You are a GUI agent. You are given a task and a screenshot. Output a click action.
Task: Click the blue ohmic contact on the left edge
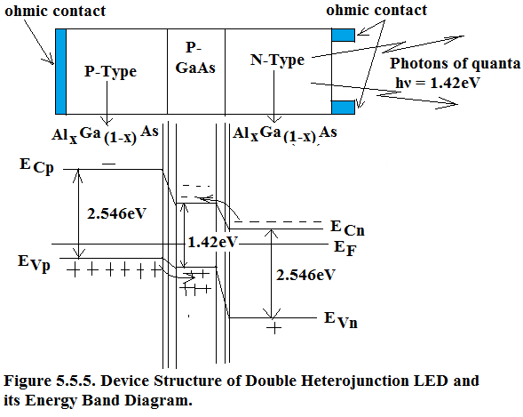tap(60, 71)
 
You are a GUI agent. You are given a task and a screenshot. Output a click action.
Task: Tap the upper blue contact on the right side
tap(343, 36)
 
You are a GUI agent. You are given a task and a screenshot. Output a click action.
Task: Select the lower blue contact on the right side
tap(343, 108)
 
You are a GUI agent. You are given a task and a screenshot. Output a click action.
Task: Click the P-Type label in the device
tap(110, 72)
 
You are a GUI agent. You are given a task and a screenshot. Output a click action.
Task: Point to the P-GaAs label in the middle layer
tap(195, 58)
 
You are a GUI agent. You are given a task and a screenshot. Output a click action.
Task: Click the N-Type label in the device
tap(277, 60)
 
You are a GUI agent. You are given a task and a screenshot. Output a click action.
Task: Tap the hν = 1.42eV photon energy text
tap(437, 83)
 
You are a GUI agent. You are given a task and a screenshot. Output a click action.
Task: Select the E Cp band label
tap(36, 166)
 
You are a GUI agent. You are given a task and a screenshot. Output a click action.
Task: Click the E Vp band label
tap(34, 263)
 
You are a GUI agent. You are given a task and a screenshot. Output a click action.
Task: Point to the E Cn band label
tap(347, 228)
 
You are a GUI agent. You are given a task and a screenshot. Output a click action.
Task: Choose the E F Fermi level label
tap(345, 249)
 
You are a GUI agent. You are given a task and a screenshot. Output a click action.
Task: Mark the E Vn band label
tap(341, 320)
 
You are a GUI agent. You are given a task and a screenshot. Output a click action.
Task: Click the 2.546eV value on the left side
tap(116, 213)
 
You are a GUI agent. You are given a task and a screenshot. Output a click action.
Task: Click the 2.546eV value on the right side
tap(305, 275)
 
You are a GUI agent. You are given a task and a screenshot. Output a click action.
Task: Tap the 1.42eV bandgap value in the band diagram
tap(213, 242)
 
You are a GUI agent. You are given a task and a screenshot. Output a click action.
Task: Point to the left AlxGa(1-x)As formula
tap(105, 134)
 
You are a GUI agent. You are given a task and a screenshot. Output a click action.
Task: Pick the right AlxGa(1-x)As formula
tap(284, 134)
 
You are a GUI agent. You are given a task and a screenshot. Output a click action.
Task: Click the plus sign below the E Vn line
tap(273, 328)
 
